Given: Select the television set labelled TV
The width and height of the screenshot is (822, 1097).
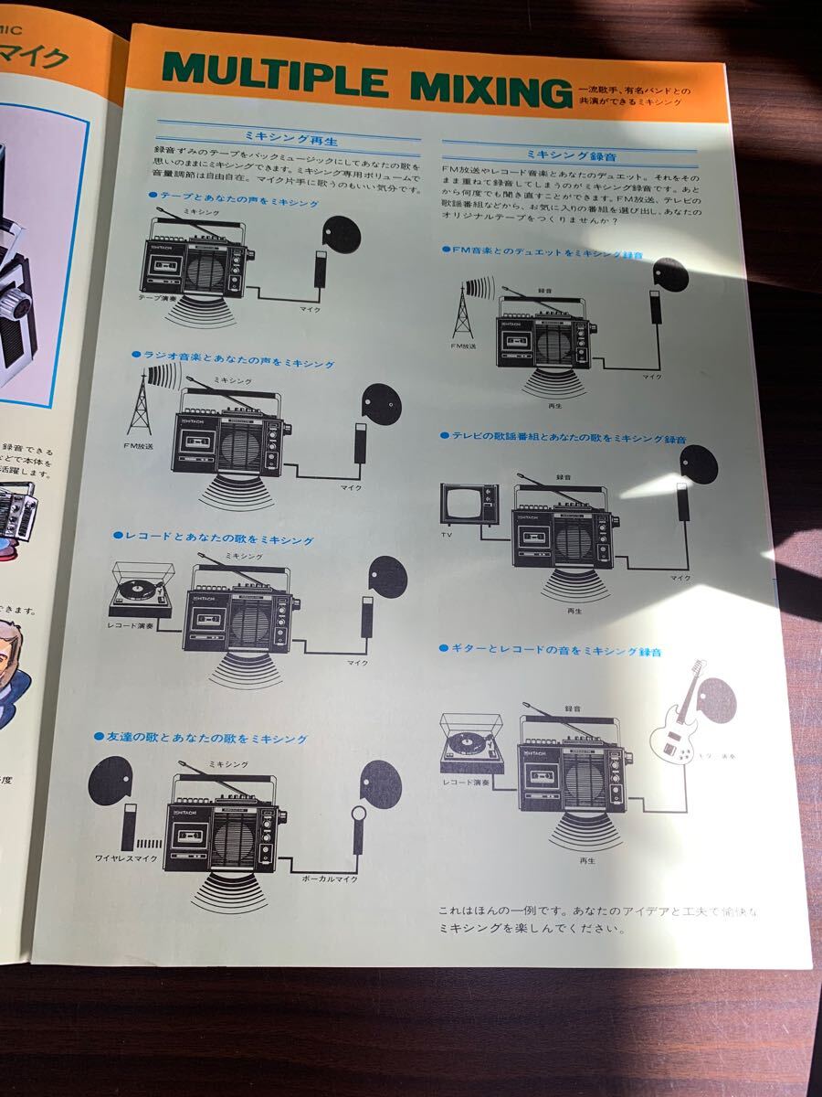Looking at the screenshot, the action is point(469,505).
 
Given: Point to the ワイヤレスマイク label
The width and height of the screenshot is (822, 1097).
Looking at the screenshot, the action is point(126,857).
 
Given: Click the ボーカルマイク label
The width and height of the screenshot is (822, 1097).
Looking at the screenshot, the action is point(330,878).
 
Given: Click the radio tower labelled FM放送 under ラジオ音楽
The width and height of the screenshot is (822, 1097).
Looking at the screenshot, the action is point(140,405).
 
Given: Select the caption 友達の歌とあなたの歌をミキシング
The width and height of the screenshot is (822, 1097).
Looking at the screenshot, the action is point(205,737).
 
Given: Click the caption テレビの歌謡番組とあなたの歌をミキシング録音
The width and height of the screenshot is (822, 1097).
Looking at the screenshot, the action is point(567,439).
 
